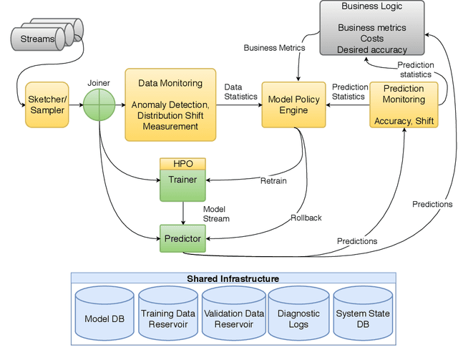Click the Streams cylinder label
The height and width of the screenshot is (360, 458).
point(36,39)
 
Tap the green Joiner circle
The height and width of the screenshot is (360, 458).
point(99,104)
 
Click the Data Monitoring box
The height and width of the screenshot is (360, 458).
point(170,104)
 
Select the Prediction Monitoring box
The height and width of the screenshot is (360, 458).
point(404,104)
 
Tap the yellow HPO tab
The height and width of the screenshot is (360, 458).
point(182,164)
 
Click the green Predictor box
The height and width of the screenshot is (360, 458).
point(182,238)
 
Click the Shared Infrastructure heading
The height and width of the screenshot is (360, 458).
point(233,278)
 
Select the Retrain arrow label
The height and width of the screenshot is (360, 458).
point(273,180)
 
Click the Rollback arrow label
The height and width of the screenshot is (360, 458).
point(306,218)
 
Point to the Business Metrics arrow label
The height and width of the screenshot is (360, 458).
point(274,48)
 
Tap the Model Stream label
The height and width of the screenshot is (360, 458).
point(215,213)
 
